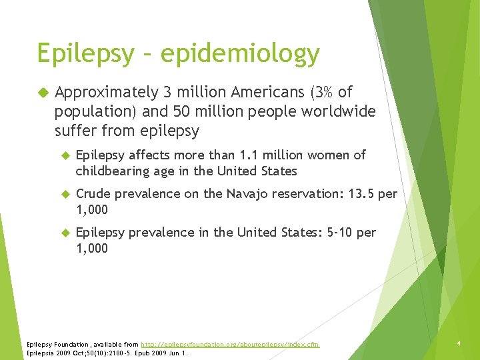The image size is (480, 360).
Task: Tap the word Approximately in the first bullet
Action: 107,93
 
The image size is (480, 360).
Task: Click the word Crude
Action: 93,194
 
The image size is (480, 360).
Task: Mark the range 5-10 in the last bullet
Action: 344,233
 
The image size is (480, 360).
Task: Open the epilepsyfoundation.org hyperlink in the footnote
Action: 230,344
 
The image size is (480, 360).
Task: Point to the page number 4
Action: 459,344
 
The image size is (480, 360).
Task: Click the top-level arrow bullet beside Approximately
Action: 45,93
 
